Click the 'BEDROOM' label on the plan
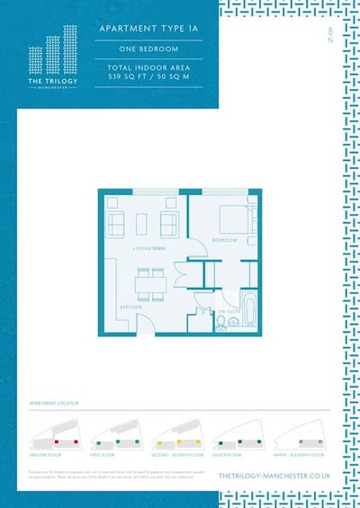click(x=224, y=241)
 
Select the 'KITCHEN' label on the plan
click(x=130, y=307)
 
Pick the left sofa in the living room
click(x=115, y=223)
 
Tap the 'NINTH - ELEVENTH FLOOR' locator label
click(x=299, y=456)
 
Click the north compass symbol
click(x=332, y=39)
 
